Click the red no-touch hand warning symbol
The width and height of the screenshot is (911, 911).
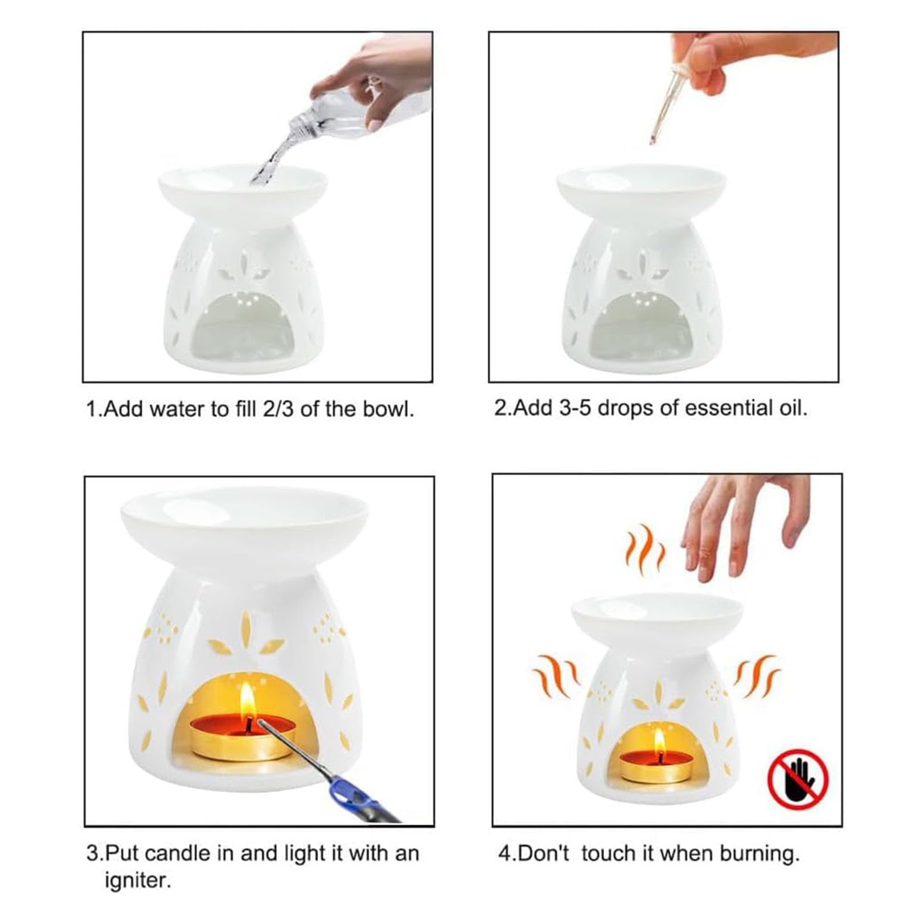(x=798, y=779)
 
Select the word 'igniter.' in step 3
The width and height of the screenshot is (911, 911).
(x=138, y=881)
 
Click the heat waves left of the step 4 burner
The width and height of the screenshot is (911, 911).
(x=556, y=678)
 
